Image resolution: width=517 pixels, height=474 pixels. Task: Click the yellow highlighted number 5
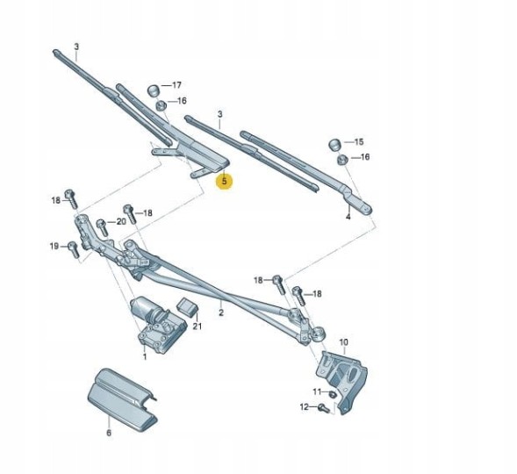tap(225, 183)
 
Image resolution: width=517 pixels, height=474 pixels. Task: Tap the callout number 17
tap(176, 85)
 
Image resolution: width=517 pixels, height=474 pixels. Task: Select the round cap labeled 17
tap(152, 90)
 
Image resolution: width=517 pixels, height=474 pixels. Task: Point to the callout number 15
tap(359, 141)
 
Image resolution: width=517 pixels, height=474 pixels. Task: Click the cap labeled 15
tap(334, 144)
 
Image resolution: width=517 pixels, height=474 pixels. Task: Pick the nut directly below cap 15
tap(341, 160)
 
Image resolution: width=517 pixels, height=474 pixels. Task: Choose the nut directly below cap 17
tap(162, 106)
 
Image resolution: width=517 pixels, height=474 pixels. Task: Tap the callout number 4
tap(348, 216)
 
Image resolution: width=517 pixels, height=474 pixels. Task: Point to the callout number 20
tap(121, 221)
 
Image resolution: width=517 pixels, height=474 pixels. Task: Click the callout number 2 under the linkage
tap(221, 313)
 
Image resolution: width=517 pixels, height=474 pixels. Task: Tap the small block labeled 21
tap(187, 306)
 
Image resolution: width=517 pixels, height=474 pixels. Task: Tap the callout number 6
tap(109, 433)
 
